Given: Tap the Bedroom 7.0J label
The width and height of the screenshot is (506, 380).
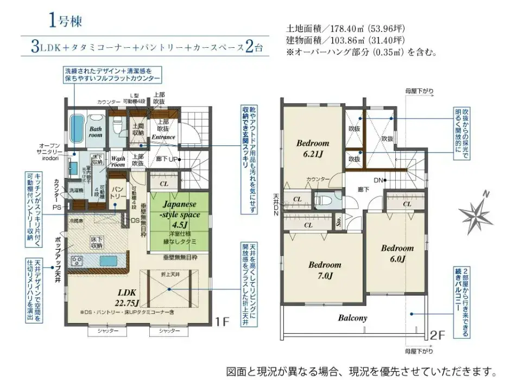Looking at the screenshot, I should pos(325,270).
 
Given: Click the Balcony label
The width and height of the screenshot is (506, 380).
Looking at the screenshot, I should pos(353,318).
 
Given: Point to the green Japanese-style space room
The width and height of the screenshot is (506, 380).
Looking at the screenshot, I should pos(179,223).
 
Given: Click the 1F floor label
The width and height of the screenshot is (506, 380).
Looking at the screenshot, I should pos(223,321).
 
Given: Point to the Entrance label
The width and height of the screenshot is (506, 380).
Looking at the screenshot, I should pos(163,137).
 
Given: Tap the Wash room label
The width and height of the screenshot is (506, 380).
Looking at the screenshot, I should pos(118,161).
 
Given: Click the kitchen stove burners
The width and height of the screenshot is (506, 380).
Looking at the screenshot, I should pos(77,261).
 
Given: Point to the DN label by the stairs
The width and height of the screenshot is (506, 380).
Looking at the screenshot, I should pos(379,180).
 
